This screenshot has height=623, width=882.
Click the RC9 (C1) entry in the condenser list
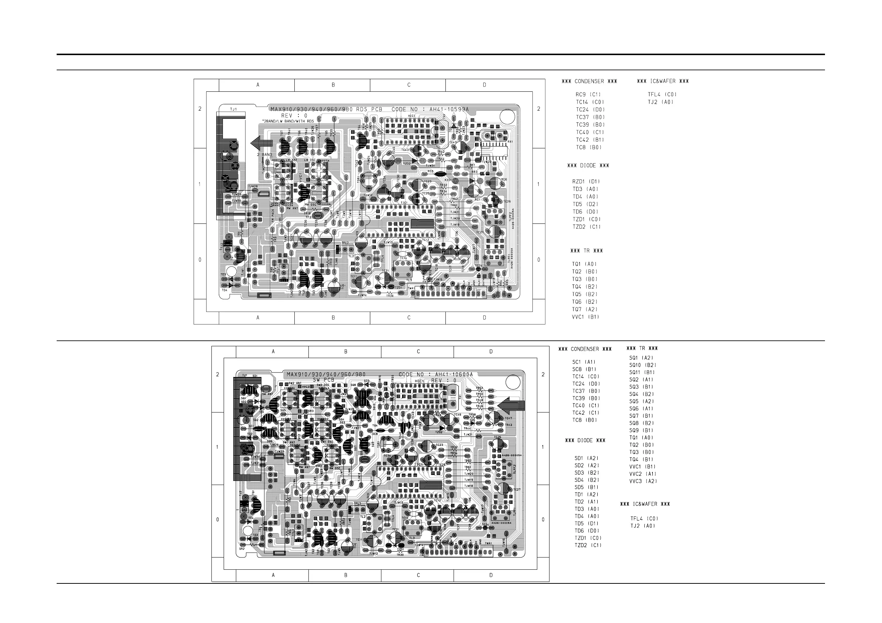[588, 94]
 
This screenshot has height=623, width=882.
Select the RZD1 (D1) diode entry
[586, 182]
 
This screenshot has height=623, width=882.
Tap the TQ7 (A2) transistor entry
[585, 309]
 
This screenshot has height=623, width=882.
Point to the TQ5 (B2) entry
[585, 294]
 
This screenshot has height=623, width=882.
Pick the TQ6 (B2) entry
[585, 302]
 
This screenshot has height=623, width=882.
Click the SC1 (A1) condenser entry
[584, 362]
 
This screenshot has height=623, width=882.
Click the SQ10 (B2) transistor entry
[643, 365]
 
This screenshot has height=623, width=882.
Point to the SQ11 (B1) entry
[642, 372]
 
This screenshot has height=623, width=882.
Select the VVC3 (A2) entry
[643, 481]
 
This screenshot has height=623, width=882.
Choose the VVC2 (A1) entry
[642, 474]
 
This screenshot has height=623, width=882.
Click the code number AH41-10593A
[449, 110]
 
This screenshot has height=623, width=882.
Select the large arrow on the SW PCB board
[511, 405]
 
